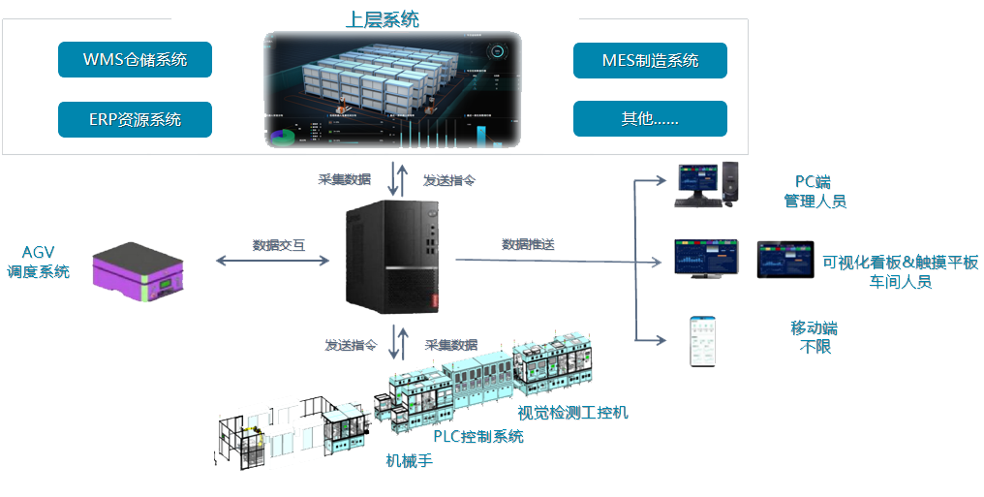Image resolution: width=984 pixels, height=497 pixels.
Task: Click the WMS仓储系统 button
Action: tap(135, 60)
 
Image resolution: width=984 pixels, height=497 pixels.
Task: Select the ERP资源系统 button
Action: tap(135, 119)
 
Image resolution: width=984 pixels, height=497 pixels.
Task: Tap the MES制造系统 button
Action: tap(650, 60)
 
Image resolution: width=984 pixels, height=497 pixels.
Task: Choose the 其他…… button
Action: tap(650, 119)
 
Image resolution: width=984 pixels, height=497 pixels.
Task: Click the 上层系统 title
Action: tap(382, 19)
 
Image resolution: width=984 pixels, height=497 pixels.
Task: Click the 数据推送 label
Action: tap(528, 244)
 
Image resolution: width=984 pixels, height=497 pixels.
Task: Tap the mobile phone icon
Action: tap(702, 340)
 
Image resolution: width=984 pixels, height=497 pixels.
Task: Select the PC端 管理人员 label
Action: tap(814, 192)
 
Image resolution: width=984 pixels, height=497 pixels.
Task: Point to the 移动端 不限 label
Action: tap(811, 337)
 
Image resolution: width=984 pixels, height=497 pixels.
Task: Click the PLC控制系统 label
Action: tap(477, 436)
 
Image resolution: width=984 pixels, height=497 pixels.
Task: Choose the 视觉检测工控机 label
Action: tap(572, 413)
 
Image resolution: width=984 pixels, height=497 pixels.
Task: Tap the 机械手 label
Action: tap(409, 461)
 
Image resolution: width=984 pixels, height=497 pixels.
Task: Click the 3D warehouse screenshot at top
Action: tap(392, 89)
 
